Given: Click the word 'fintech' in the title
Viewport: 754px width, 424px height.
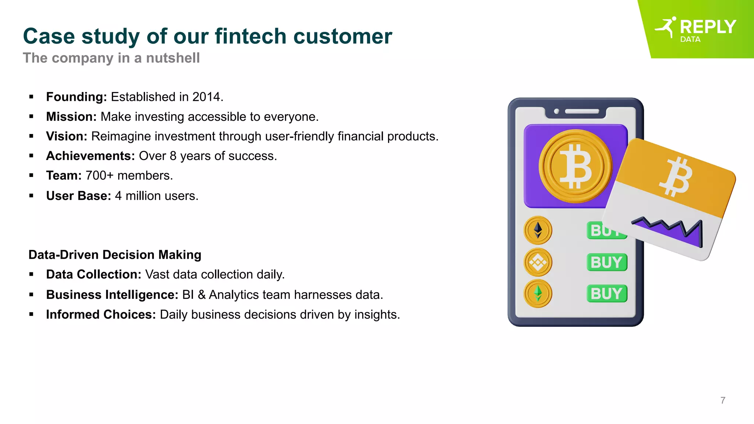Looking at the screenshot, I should [250, 36].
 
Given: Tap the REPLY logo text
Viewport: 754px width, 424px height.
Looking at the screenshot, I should [708, 27].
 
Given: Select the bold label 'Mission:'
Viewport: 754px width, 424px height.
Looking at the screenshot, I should [71, 117].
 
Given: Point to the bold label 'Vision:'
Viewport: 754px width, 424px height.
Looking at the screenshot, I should [66, 136].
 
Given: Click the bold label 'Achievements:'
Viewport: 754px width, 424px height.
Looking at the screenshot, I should [91, 156].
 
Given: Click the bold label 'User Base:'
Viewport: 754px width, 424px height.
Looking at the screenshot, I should [78, 196].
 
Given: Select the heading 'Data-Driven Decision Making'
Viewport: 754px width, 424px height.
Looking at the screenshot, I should [115, 255].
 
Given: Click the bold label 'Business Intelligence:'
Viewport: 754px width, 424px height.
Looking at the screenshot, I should [112, 295].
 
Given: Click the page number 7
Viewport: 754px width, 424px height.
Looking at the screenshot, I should [723, 400].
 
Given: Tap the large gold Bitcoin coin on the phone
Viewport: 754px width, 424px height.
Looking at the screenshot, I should [575, 166].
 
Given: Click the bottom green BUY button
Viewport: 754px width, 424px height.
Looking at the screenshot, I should [606, 294].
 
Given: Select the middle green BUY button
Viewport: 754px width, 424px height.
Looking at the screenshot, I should [606, 262].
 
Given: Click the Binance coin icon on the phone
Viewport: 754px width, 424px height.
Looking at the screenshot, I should [538, 262].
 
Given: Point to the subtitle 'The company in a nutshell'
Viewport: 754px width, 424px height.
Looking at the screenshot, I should [111, 58].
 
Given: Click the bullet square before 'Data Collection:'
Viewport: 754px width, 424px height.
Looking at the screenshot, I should [31, 275].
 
